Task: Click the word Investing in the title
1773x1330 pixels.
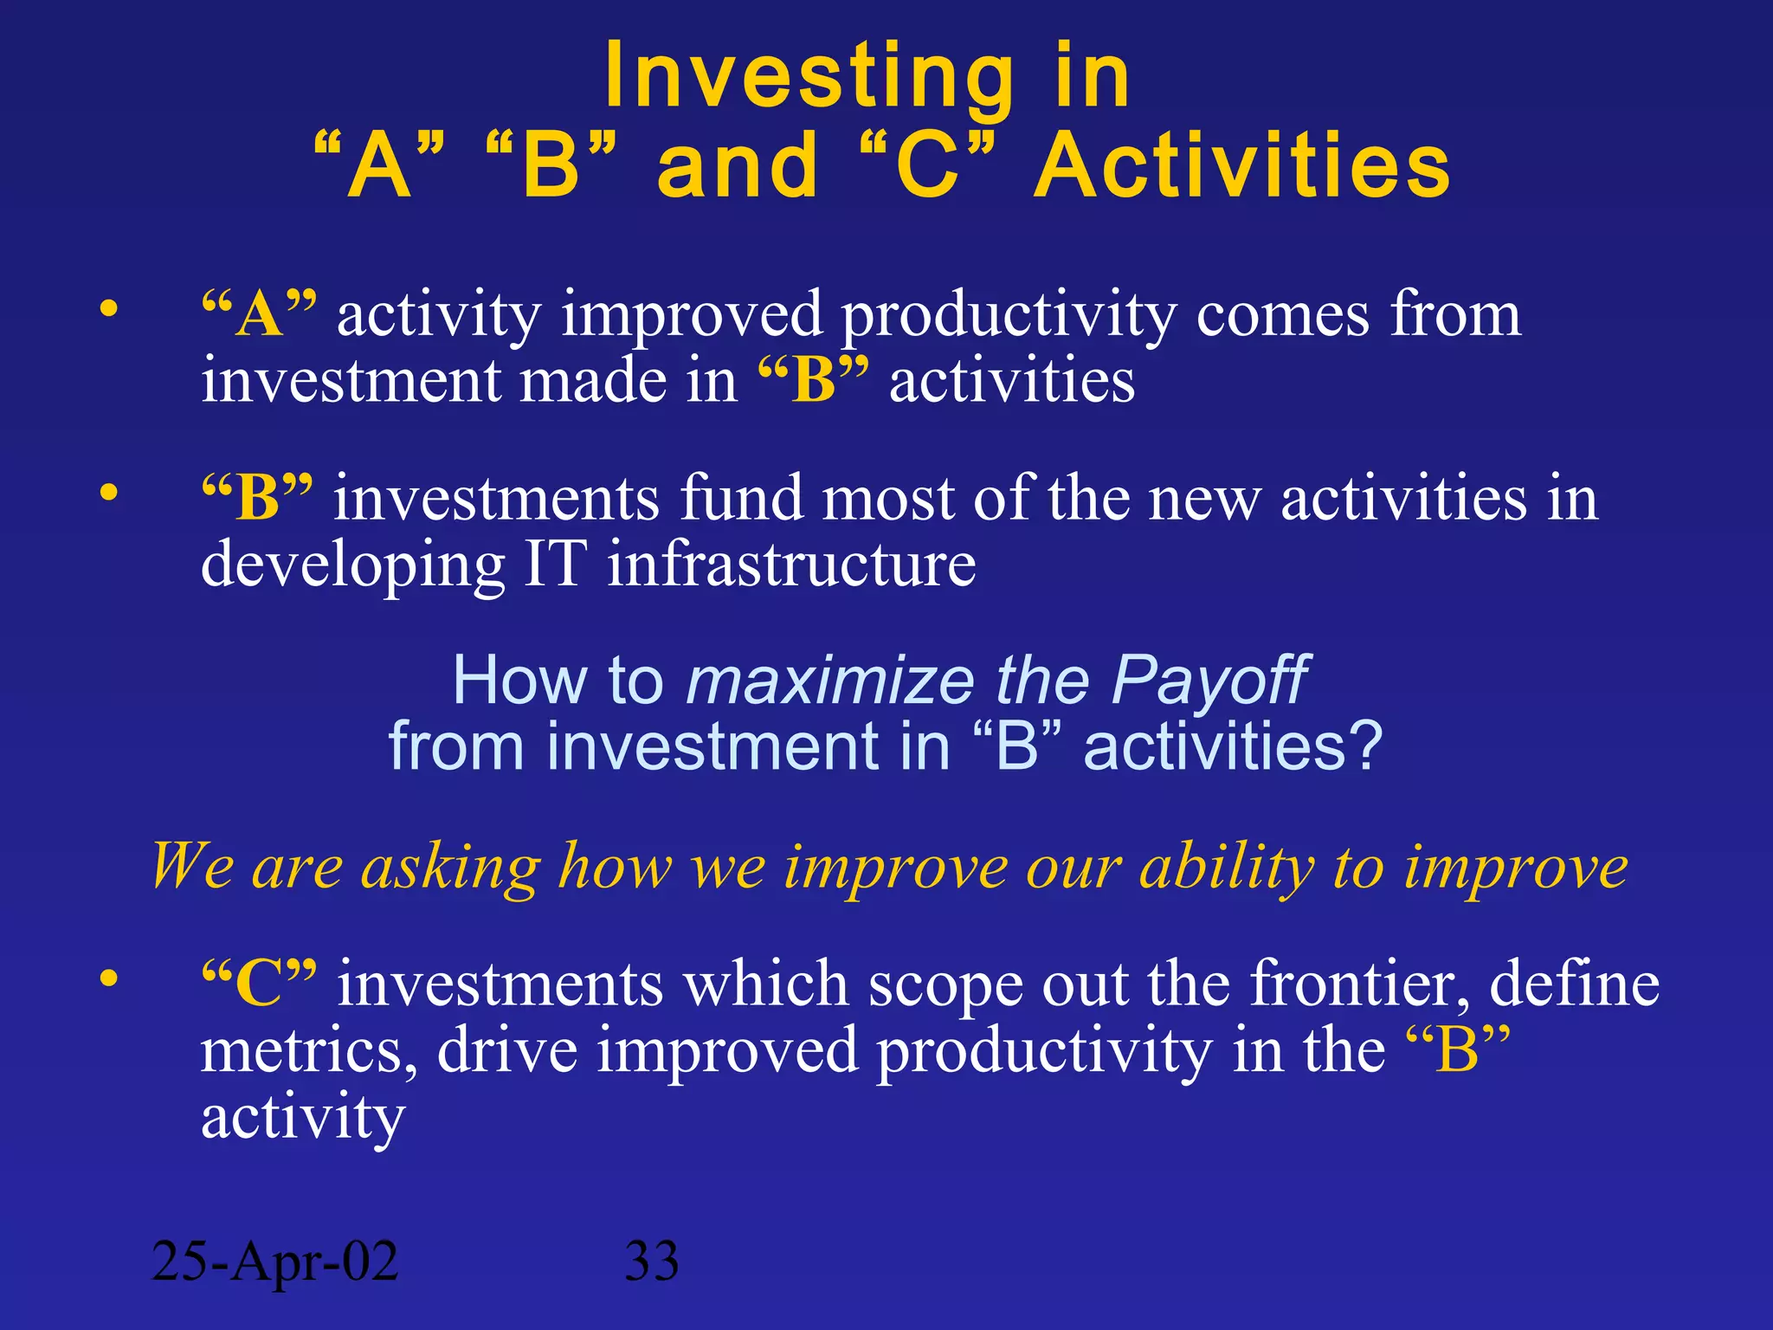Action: point(809,78)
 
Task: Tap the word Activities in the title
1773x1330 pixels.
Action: point(1243,166)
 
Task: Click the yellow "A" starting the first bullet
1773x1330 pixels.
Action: point(259,313)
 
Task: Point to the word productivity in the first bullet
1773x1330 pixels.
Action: point(1009,316)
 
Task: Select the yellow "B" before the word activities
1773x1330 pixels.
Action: point(813,381)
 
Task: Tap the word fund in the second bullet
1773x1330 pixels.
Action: point(741,499)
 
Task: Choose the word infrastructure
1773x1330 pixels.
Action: point(791,565)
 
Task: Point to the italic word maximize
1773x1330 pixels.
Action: point(829,681)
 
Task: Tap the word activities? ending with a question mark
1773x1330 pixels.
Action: point(1233,747)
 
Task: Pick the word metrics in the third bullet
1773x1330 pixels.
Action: point(308,1051)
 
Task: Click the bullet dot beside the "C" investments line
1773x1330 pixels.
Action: point(108,978)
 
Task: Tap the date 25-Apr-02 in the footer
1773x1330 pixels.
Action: point(274,1261)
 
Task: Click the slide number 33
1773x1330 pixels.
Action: point(651,1261)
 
